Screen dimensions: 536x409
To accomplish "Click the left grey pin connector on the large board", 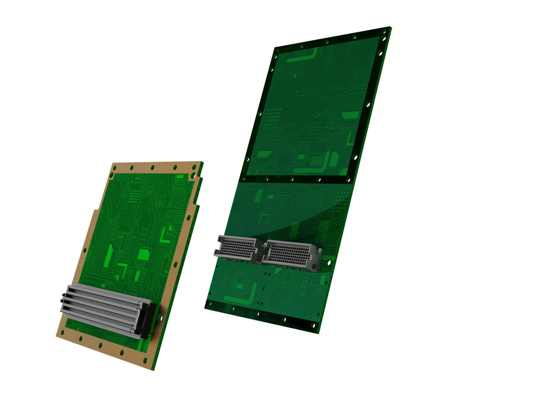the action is tap(237, 248).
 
